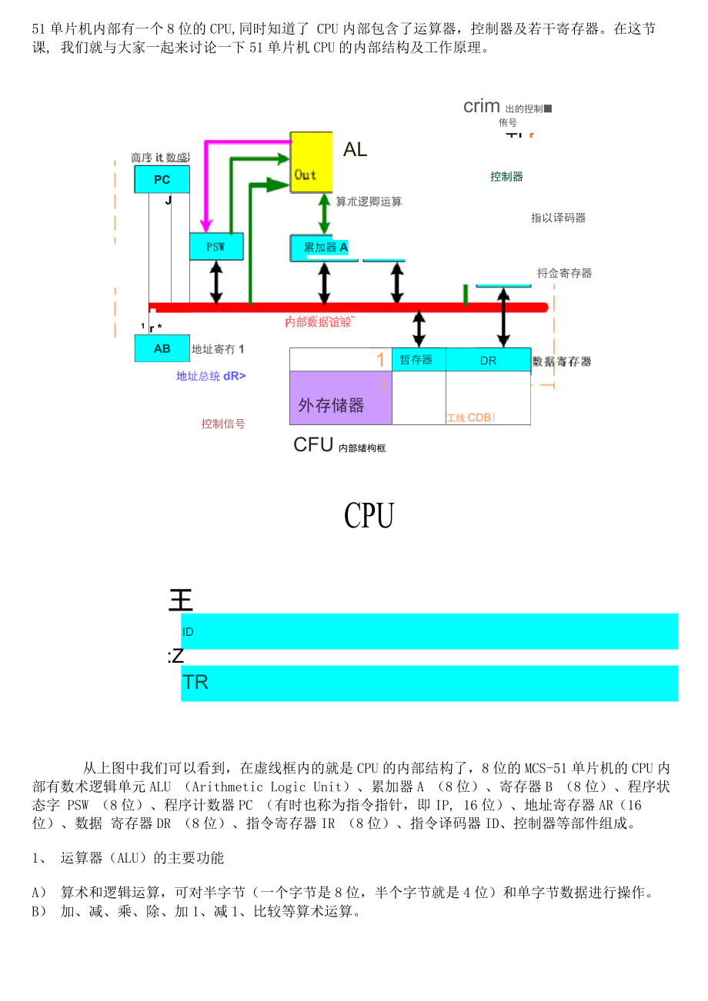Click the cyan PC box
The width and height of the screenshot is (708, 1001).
click(162, 180)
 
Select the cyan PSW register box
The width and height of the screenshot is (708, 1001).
click(216, 247)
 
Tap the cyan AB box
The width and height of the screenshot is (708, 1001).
click(162, 348)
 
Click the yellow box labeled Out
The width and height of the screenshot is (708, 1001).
click(311, 162)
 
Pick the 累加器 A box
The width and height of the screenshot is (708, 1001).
click(324, 248)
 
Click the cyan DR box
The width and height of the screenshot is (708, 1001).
click(488, 360)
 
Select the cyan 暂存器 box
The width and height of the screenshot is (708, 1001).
click(418, 360)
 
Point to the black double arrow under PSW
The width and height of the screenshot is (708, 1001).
click(216, 282)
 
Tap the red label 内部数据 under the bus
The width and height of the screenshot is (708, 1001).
click(318, 322)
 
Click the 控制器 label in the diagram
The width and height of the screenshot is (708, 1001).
click(506, 177)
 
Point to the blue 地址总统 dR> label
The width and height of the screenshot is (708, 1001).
click(211, 376)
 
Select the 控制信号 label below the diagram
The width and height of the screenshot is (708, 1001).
click(223, 424)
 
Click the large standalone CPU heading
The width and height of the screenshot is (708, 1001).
click(369, 516)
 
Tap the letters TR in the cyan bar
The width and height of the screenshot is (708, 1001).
click(195, 683)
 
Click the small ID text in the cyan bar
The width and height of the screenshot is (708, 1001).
click(188, 632)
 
